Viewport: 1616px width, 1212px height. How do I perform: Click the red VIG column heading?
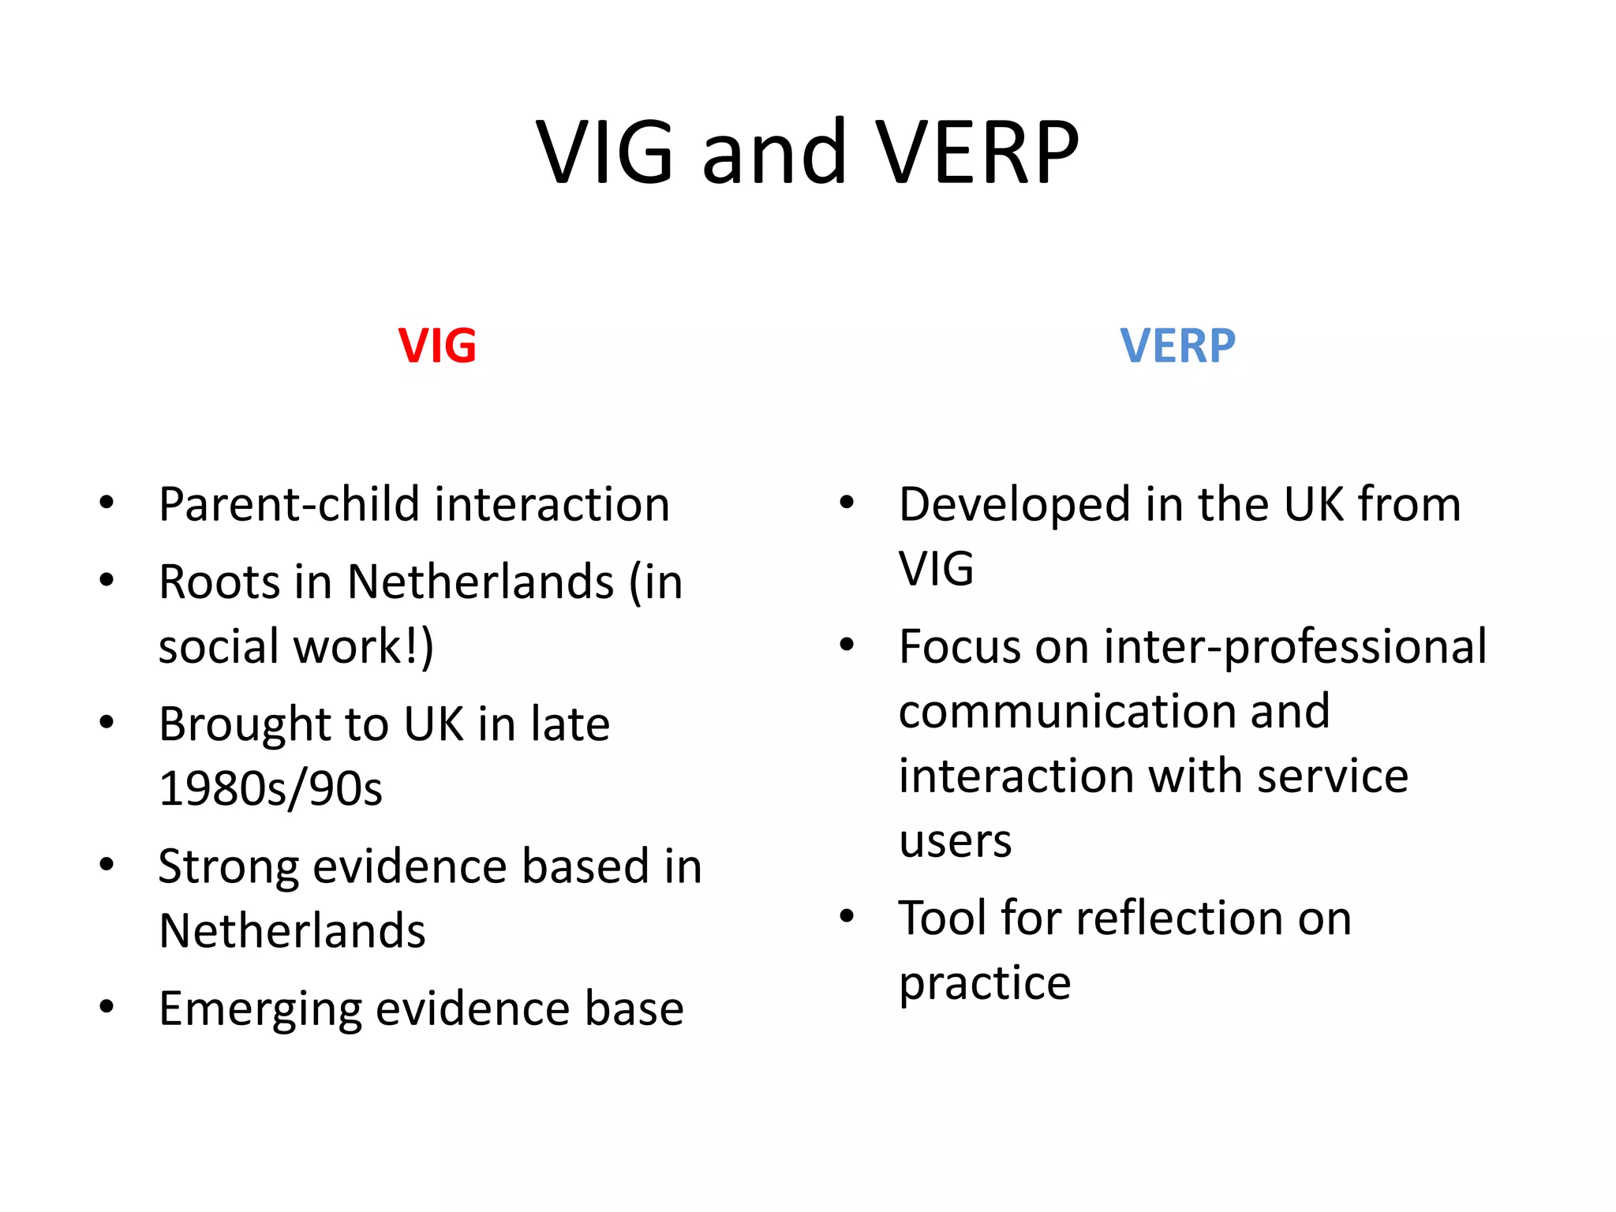tap(437, 346)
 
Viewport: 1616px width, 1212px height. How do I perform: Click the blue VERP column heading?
tap(1177, 346)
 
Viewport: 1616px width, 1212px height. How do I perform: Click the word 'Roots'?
tap(219, 582)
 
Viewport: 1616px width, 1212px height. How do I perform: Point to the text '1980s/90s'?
tap(271, 788)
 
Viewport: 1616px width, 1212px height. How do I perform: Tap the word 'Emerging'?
tap(260, 1009)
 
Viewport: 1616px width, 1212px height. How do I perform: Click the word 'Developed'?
tap(1015, 505)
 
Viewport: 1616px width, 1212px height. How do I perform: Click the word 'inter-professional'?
tap(1295, 647)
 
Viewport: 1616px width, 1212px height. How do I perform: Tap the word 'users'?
tap(955, 841)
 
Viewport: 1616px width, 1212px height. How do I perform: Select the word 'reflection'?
tap(1179, 918)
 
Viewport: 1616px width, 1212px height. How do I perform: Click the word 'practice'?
tap(985, 983)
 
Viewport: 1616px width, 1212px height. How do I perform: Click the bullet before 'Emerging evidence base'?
tap(107, 1008)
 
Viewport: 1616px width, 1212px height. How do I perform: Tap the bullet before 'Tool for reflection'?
tap(847, 917)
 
